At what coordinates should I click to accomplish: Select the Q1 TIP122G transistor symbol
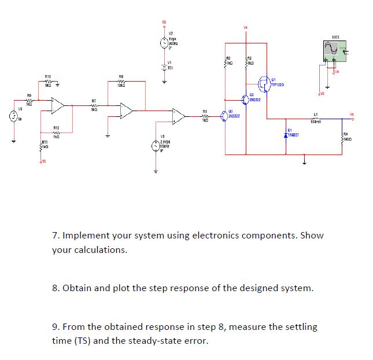click(x=264, y=82)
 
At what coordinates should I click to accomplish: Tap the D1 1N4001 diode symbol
click(x=287, y=134)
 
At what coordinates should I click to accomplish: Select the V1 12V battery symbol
click(x=164, y=67)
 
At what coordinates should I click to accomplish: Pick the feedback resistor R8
click(x=121, y=81)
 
